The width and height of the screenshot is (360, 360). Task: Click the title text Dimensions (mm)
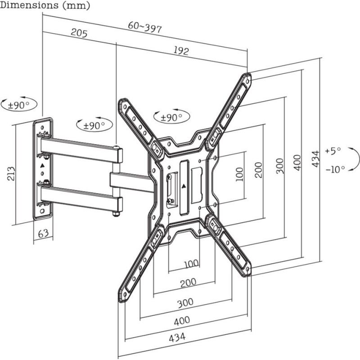(45, 5)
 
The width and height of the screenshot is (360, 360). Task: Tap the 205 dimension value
(79, 33)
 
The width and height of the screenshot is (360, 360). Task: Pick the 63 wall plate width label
(43, 234)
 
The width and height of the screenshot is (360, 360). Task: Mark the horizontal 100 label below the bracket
(191, 263)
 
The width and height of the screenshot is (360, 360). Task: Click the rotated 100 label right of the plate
(239, 173)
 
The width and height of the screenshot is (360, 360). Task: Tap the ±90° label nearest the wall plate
(19, 105)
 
